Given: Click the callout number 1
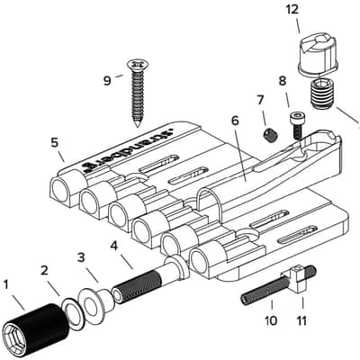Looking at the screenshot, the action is tap(5, 285).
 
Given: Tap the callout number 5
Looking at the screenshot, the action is tap(54, 142).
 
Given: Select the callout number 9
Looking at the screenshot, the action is tap(107, 80).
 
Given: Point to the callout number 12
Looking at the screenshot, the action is tap(292, 10).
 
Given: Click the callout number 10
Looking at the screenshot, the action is tap(271, 320).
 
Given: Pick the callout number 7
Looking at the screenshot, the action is tap(260, 100).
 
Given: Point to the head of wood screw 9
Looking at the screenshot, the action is tap(138, 64).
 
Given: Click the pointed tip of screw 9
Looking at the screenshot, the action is tap(138, 125).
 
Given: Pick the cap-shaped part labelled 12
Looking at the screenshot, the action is tap(318, 57).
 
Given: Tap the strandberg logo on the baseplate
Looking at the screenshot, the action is tap(126, 148).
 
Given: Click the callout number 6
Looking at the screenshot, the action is tap(235, 121).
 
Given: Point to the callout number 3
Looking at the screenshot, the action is tap(81, 257).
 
